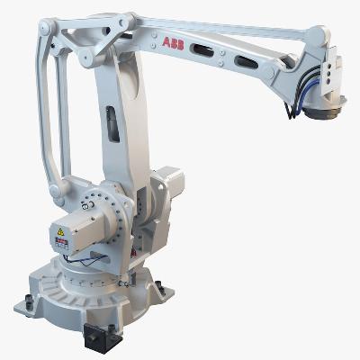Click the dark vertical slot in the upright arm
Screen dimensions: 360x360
[x=110, y=123]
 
